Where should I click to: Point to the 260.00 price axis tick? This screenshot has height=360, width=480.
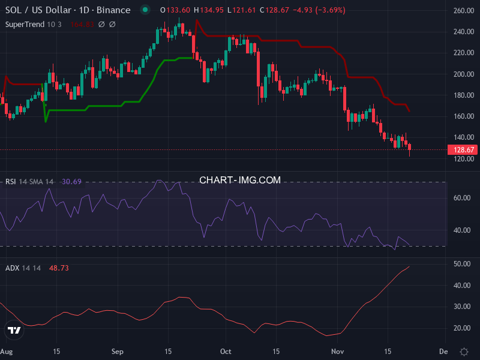click(x=464, y=11)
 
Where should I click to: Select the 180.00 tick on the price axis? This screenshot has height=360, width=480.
click(x=464, y=95)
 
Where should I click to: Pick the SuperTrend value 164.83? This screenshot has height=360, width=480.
click(x=83, y=24)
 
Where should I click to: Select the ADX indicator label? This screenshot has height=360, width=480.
click(x=12, y=268)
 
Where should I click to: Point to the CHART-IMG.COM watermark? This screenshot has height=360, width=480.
click(x=240, y=180)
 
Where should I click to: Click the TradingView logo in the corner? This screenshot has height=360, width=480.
click(x=13, y=330)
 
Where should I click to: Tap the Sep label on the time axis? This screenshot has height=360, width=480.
click(x=117, y=351)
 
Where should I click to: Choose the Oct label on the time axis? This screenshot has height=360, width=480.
click(x=226, y=351)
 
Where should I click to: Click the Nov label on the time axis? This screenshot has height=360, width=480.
click(x=338, y=351)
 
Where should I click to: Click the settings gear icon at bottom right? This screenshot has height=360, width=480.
click(x=464, y=351)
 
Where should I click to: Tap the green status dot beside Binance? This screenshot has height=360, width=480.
click(x=145, y=10)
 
